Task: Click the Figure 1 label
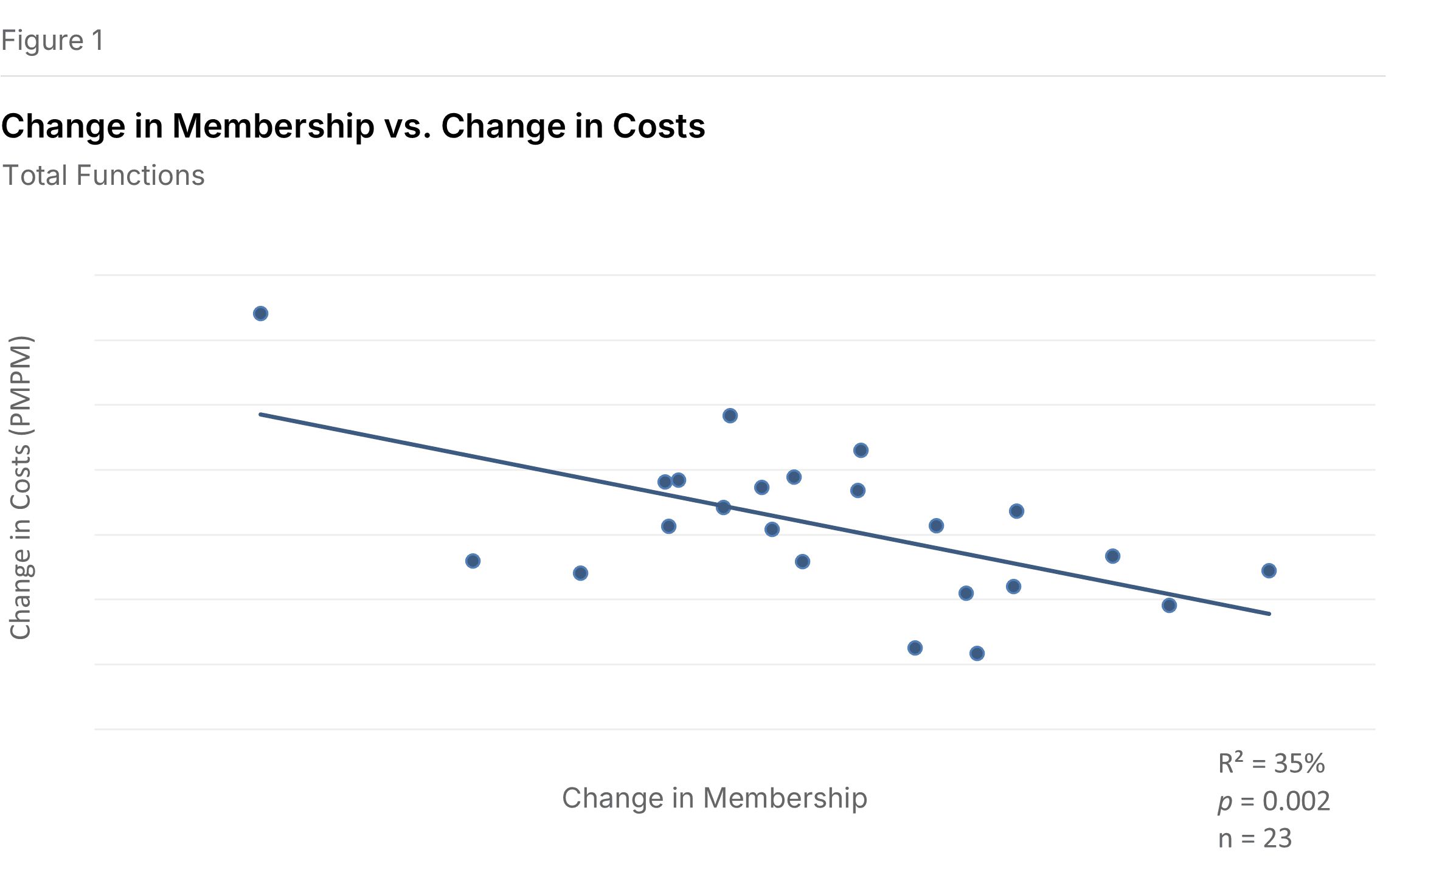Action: [52, 41]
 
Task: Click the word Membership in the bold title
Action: [273, 126]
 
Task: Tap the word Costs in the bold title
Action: [658, 126]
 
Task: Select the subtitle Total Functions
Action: [104, 176]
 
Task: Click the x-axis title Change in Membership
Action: [714, 798]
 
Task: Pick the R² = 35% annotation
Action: [1271, 763]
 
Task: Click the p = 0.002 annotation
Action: [1274, 801]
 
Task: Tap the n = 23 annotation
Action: [1254, 838]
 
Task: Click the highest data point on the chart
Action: [260, 314]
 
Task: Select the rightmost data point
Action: [1269, 571]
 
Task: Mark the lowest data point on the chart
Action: [977, 654]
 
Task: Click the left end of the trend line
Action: [261, 415]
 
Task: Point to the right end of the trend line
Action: [1269, 614]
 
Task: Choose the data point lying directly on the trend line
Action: [723, 508]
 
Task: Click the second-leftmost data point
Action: [473, 561]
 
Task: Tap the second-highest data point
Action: [730, 416]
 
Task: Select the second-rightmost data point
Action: [1169, 606]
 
